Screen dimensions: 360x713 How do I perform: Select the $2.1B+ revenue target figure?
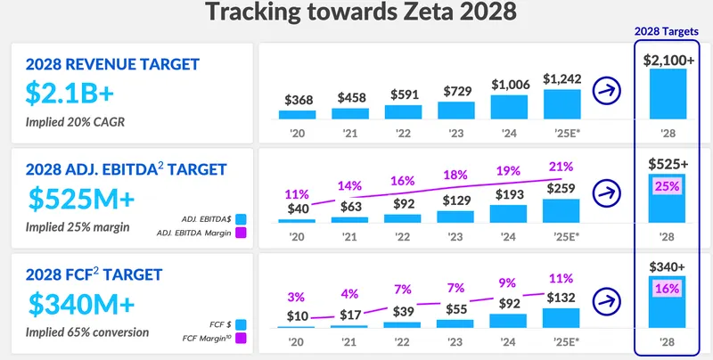[x=70, y=93]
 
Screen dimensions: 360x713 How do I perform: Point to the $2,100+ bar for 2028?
[x=668, y=94]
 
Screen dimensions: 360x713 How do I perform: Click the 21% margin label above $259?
[x=561, y=167]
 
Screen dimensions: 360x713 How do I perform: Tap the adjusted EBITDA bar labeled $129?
[x=456, y=215]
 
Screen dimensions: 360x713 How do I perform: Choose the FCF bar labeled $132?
[x=561, y=318]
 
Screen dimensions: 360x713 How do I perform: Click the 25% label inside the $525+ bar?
[x=668, y=187]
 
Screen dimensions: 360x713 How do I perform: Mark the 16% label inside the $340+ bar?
[x=668, y=290]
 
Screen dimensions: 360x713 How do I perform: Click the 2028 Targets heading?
[x=667, y=31]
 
